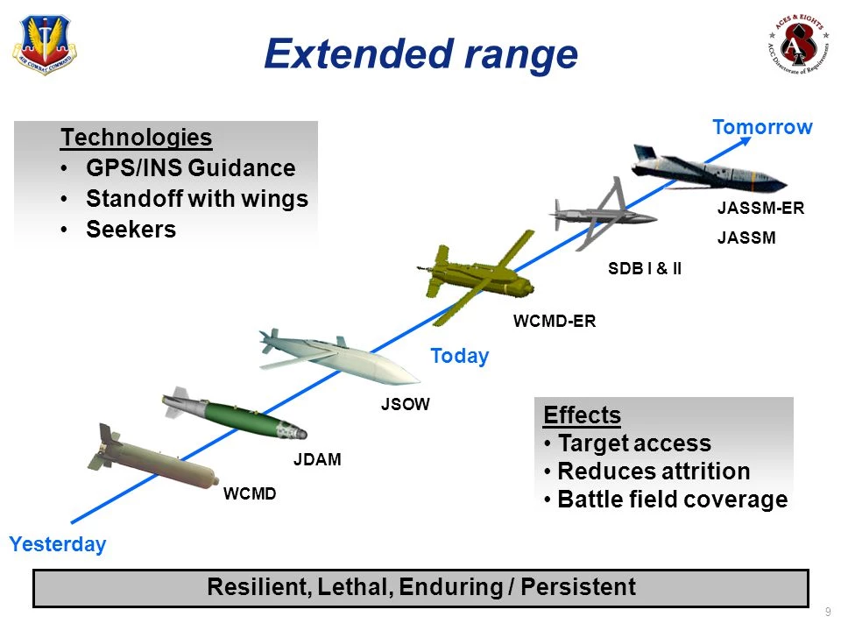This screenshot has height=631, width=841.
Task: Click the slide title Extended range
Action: point(420,53)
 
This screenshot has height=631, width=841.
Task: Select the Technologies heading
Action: point(136,138)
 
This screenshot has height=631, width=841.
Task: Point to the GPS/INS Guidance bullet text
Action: point(190,168)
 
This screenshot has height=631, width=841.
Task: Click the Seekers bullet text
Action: point(131,230)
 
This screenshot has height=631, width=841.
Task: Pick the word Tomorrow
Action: point(762,127)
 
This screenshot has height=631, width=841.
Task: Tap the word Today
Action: point(459,357)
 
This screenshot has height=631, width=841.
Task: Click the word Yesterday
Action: point(58,544)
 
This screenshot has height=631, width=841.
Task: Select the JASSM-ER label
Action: point(760,209)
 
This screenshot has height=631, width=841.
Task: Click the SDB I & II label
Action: point(645,269)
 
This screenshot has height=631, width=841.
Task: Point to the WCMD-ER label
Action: point(554,322)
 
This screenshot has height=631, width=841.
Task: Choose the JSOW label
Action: point(406,405)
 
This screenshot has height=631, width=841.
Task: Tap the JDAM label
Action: point(315,458)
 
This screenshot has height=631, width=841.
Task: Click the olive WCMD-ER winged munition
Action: point(477,275)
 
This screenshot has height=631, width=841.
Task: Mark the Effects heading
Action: point(582,415)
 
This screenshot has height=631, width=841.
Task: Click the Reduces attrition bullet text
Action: point(654,471)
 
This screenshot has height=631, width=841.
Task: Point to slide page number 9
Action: point(827,611)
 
